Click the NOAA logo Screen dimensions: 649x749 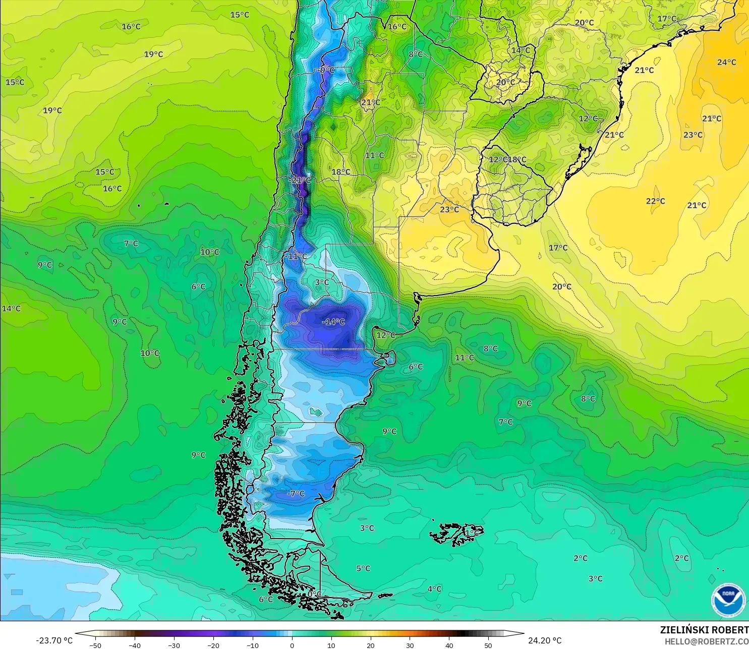(x=728, y=599)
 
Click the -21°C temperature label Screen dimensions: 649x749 (x=301, y=180)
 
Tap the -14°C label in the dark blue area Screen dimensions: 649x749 (x=333, y=322)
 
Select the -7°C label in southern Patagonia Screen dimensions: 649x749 (x=296, y=494)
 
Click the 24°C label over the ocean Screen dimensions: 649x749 (x=726, y=63)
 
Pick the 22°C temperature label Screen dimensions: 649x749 (x=655, y=201)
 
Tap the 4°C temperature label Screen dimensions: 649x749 (x=434, y=589)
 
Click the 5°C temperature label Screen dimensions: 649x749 (x=363, y=568)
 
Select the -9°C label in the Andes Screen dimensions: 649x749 (x=326, y=70)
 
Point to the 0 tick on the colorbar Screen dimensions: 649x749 (x=292, y=645)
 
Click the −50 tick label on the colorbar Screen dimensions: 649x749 (x=95, y=645)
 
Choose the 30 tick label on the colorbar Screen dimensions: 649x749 (x=410, y=645)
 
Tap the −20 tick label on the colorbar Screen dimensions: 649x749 (x=213, y=645)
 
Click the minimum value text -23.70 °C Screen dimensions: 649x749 (x=54, y=640)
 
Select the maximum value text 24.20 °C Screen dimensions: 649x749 (x=545, y=640)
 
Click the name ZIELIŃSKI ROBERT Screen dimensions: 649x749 (x=704, y=630)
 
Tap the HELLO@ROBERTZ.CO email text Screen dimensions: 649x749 (x=706, y=641)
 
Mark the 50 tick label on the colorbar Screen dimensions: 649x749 (x=488, y=645)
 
